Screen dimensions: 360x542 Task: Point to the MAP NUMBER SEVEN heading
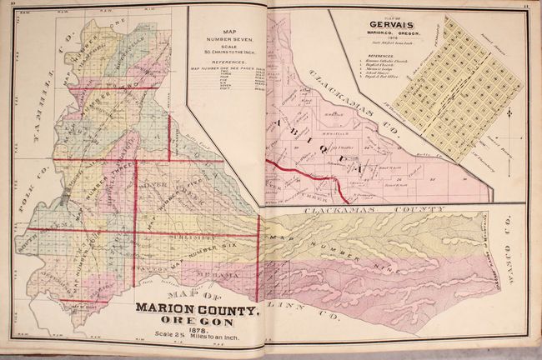226,37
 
